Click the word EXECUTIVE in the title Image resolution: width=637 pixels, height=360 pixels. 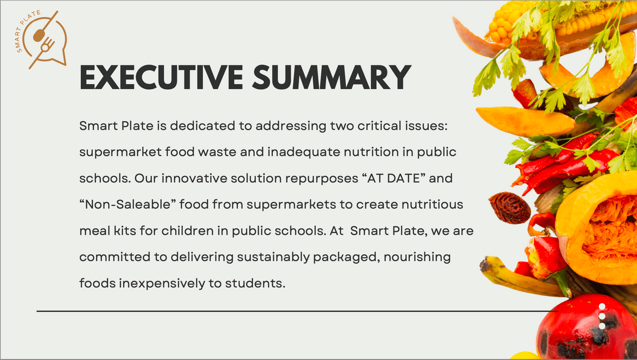pos(161,77)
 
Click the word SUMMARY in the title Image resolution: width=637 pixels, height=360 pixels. pos(332,77)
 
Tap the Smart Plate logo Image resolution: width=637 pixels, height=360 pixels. pos(41,39)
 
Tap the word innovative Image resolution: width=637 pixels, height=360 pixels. pos(194,178)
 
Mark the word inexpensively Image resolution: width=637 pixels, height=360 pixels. pos(162,284)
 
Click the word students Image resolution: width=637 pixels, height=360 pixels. pos(255,284)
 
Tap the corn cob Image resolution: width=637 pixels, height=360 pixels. pos(557,20)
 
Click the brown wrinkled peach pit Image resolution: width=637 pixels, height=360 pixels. pos(509,208)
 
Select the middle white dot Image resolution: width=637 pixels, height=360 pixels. pos(602,316)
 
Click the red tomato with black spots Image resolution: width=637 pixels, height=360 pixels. pos(586,330)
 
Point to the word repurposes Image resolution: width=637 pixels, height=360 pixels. pos(322,179)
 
